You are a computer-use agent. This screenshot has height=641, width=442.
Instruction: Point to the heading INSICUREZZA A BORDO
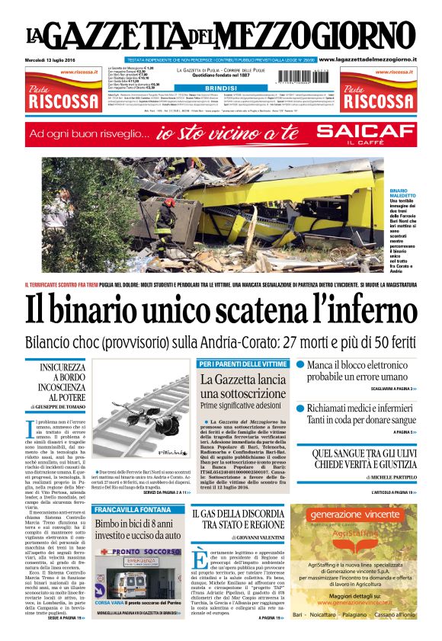click(x=59, y=377)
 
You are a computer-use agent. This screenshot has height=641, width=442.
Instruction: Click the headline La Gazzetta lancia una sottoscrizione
click(x=244, y=386)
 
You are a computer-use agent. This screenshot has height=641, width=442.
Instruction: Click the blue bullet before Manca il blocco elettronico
click(x=300, y=365)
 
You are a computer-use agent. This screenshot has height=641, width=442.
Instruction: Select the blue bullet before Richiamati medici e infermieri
click(x=300, y=409)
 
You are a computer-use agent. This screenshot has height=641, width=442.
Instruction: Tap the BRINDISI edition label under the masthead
click(x=200, y=88)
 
